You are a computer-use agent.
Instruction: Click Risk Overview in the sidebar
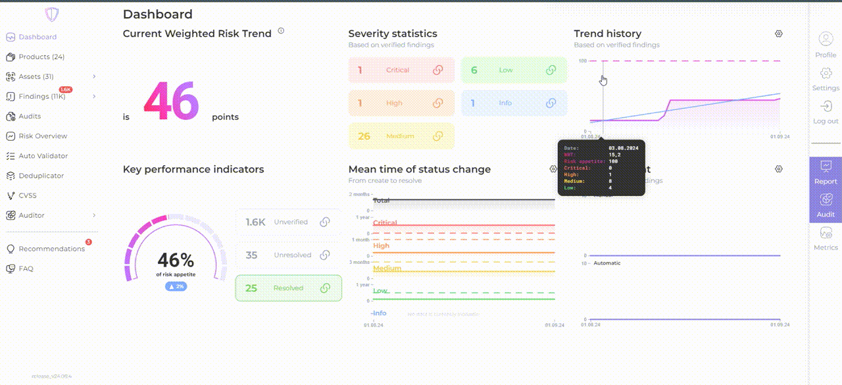point(43,136)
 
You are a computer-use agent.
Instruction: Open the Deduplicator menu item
point(41,176)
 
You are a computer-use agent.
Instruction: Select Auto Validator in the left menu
point(43,156)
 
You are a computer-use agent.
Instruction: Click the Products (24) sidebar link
point(41,57)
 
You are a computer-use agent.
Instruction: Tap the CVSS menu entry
point(28,195)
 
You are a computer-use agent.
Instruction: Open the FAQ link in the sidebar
point(26,269)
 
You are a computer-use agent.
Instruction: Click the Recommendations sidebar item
point(51,249)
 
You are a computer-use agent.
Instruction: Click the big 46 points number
point(171,102)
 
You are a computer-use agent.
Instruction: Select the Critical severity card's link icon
point(437,70)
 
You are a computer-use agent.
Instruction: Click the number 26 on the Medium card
point(364,136)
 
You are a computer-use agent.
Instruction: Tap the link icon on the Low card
point(551,70)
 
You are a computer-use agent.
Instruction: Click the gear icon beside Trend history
point(779,34)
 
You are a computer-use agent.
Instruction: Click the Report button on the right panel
point(826,172)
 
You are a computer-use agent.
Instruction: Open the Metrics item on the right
point(826,239)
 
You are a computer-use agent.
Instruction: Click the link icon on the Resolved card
point(324,288)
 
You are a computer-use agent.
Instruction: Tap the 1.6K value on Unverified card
point(255,222)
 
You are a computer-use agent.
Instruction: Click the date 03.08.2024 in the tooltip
point(624,149)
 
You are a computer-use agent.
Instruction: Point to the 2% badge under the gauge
point(176,286)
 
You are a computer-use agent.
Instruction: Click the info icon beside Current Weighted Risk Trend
point(281,30)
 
